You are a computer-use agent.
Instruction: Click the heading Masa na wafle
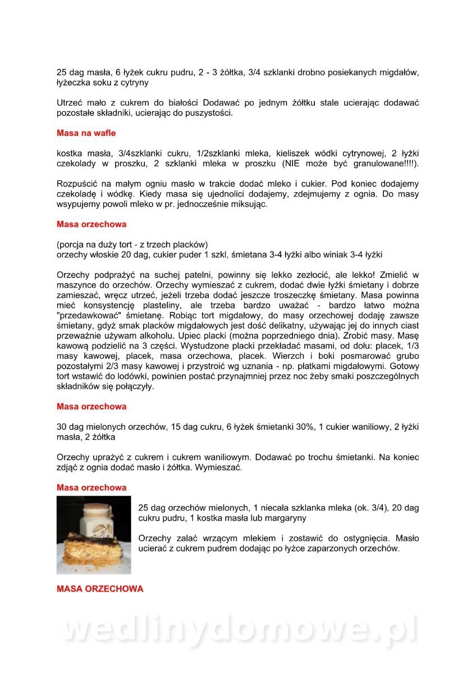86,133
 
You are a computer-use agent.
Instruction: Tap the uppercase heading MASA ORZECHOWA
100,589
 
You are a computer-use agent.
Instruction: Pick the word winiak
332,255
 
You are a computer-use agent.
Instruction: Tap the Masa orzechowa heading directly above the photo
91,488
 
